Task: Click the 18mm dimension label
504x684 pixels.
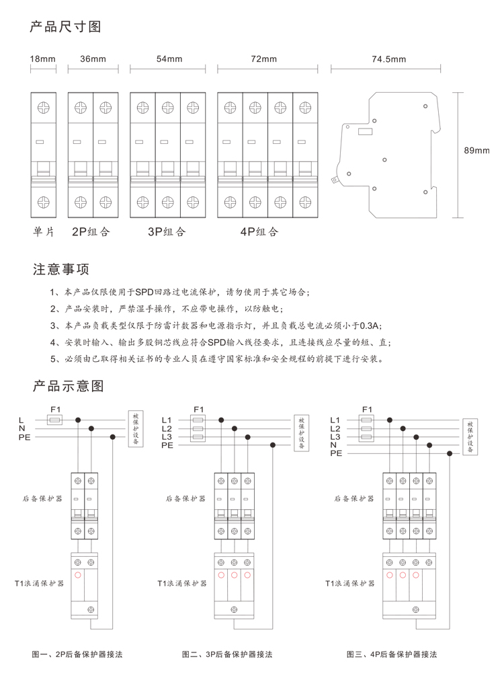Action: tap(43, 59)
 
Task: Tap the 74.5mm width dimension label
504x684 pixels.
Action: tap(389, 59)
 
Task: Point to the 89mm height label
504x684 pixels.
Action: tap(476, 151)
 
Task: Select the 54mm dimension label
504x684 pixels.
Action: tap(169, 59)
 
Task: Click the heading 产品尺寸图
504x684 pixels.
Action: tap(65, 27)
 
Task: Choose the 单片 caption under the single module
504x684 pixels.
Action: tap(44, 231)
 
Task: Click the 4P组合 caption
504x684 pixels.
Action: tap(259, 231)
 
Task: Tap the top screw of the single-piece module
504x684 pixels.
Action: tap(43, 108)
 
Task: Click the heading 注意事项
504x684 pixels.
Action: tap(61, 269)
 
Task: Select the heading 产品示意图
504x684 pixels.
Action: tap(69, 385)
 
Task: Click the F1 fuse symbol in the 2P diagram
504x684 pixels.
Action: tap(55, 420)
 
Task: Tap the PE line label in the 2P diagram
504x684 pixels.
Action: tap(24, 437)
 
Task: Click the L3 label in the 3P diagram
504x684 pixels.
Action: tap(167, 436)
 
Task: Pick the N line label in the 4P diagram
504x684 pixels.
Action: tap(333, 445)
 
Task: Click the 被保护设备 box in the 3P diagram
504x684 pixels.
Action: tap(301, 432)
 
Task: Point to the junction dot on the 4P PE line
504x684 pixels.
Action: tap(450, 454)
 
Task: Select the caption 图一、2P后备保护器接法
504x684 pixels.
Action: tap(77, 654)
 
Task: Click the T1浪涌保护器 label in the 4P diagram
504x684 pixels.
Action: tap(349, 583)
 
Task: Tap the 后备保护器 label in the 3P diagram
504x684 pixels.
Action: tap(185, 498)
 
